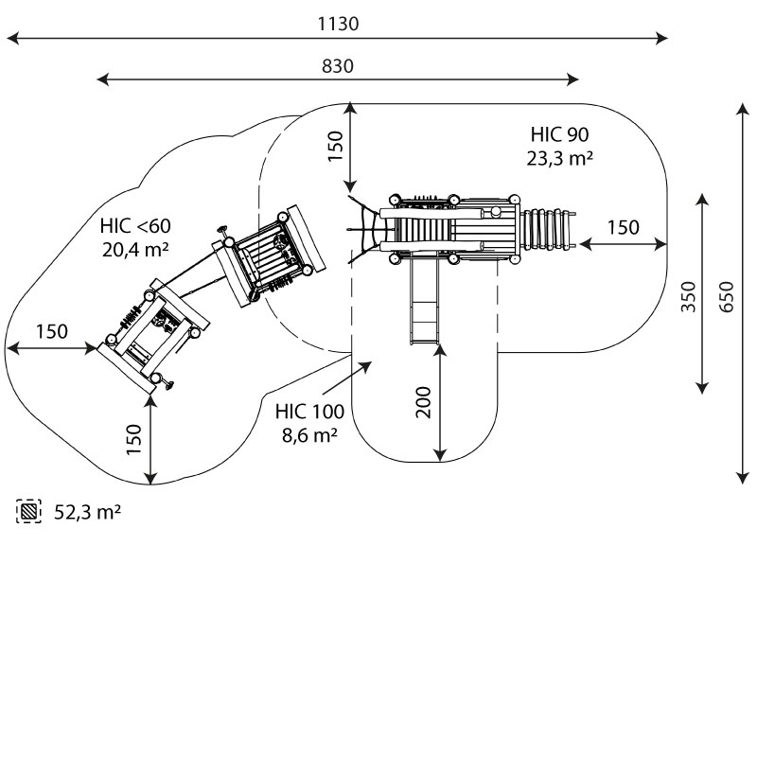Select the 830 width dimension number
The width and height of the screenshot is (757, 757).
(x=338, y=66)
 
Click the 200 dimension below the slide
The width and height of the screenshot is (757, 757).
(x=424, y=403)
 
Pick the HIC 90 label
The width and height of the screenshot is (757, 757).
(x=559, y=134)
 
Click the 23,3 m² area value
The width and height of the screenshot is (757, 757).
(x=559, y=158)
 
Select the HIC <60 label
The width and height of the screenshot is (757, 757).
(x=135, y=226)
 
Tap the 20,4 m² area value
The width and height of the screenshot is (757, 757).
(x=135, y=250)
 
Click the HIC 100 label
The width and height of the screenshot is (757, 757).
(x=310, y=412)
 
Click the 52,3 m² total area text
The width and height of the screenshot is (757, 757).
(x=86, y=512)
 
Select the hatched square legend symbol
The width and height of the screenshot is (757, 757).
(x=29, y=512)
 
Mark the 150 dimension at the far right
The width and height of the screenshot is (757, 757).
(x=623, y=227)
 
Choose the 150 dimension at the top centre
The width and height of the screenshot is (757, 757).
(x=335, y=148)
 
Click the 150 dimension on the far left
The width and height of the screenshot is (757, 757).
(x=52, y=331)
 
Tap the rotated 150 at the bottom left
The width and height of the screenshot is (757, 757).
(x=134, y=439)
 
